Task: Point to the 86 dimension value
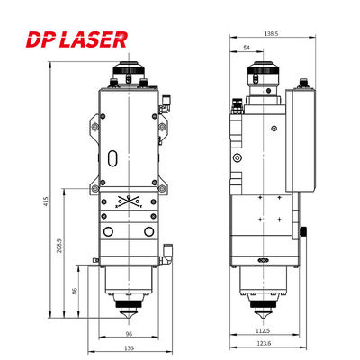click(75, 292)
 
